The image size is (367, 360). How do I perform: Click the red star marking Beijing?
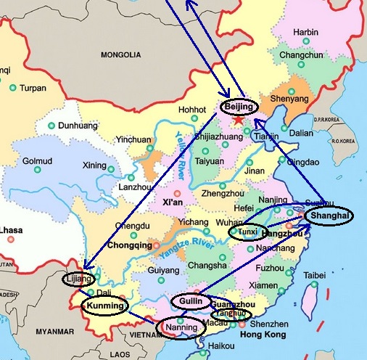239,118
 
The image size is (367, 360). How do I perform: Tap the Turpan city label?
33,88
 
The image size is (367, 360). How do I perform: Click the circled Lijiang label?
78,279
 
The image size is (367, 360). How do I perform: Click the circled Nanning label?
181,327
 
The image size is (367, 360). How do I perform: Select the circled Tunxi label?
248,232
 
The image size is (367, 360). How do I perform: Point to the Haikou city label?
222,346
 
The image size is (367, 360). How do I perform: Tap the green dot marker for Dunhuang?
50,125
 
